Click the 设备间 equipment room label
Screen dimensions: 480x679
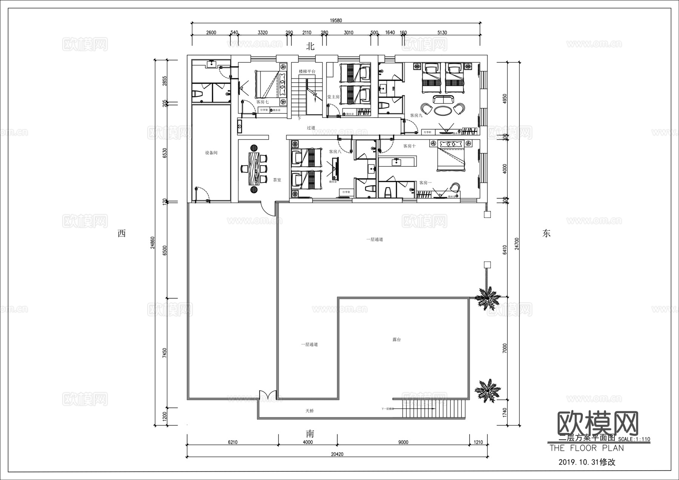click(211, 153)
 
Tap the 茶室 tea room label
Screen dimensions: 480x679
click(277, 180)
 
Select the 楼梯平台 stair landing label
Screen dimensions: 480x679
click(307, 72)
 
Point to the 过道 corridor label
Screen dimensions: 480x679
click(311, 128)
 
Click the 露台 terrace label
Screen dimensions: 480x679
click(396, 340)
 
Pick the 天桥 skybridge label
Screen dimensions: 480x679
click(310, 411)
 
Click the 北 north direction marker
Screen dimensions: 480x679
click(310, 46)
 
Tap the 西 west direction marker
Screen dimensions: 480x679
click(121, 233)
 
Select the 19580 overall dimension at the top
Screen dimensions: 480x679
click(336, 21)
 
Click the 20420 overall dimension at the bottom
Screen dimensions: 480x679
click(337, 454)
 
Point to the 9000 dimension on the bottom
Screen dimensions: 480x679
click(403, 442)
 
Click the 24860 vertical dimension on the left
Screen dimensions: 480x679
click(152, 243)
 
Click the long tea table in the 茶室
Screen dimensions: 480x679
click(253, 168)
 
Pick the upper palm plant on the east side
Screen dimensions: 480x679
click(487, 298)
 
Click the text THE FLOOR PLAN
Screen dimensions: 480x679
click(587, 448)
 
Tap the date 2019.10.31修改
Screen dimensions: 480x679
click(587, 462)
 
